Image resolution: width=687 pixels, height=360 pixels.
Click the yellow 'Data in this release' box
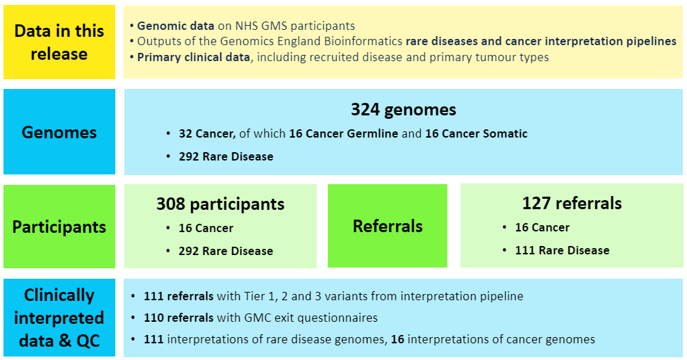point(59,42)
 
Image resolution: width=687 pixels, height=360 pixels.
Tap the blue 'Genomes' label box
point(59,132)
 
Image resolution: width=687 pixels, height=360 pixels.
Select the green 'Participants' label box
point(59,227)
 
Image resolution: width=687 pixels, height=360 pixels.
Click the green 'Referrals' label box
point(388,226)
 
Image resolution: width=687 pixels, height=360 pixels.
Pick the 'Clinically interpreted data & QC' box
point(59,318)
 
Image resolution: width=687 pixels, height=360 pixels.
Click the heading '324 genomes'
point(404,109)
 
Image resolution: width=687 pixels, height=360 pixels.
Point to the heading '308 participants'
point(220,204)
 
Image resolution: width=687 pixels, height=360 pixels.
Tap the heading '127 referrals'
point(572,203)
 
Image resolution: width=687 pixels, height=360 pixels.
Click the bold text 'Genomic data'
point(176,26)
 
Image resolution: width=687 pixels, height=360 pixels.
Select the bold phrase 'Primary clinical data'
point(194,58)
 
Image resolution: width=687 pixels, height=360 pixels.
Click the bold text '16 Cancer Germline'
point(343,133)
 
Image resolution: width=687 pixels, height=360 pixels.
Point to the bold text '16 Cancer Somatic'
point(477,133)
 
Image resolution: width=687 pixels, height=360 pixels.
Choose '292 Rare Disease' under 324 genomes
point(226,156)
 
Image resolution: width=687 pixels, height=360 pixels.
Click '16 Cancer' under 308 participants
point(206,228)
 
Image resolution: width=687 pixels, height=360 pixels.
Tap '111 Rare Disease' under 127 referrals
point(562,250)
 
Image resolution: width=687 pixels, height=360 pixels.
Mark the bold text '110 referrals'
point(179,318)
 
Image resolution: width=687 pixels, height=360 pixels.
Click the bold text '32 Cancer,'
point(207,133)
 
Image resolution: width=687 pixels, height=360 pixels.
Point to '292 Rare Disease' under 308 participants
point(226,251)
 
